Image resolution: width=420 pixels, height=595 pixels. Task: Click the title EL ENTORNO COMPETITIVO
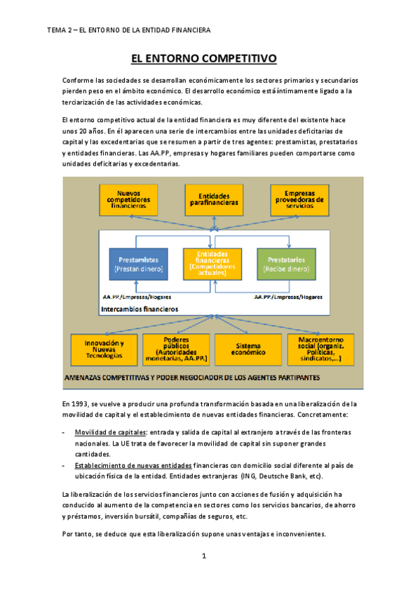pyautogui.click(x=210, y=58)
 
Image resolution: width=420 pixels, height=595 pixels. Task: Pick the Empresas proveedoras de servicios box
pyautogui.click(x=299, y=200)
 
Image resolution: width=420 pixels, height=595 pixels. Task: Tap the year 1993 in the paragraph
pyautogui.click(x=81, y=403)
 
